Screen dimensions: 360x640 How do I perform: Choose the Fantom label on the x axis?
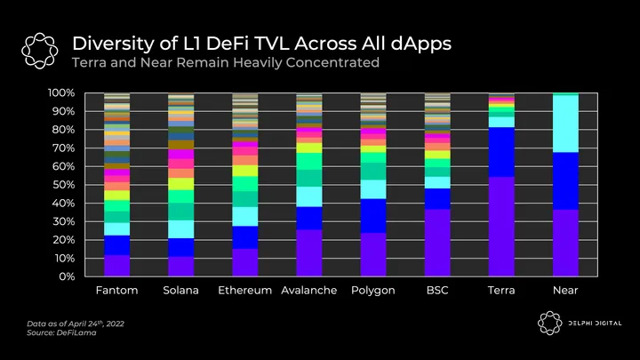point(116,292)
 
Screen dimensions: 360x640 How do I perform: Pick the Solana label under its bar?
point(181,292)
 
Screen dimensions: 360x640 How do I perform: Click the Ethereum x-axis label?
point(244,292)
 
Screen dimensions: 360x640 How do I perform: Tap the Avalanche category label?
point(308,292)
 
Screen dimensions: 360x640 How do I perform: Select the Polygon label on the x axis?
point(372,292)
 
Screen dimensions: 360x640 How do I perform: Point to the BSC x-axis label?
point(436,292)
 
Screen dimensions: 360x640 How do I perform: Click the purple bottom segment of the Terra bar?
point(501,227)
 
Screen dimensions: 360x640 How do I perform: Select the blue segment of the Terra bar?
point(501,152)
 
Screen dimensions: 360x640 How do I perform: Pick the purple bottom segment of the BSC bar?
point(437,243)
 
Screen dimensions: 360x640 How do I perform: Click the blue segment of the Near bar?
point(565,180)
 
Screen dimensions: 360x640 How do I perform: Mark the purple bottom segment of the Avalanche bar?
point(309,253)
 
